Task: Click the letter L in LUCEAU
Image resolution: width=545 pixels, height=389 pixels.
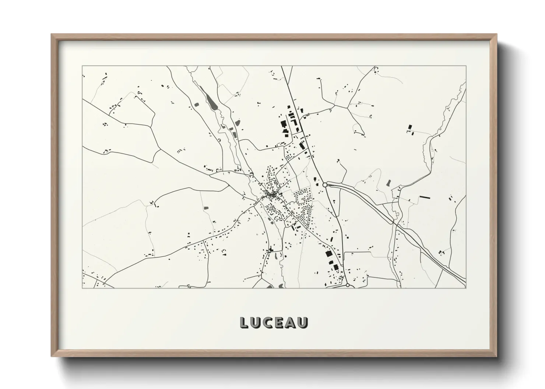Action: click(244, 322)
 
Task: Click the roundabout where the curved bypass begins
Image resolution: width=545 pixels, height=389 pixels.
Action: click(325, 185)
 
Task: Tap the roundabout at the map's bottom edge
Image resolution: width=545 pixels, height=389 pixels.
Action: click(347, 285)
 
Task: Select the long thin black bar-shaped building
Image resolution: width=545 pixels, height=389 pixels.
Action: click(425, 197)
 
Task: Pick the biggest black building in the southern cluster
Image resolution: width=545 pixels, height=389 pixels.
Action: click(327, 254)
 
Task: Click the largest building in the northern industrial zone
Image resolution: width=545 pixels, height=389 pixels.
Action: click(284, 124)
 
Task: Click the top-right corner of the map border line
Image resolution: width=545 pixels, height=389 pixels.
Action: click(466, 66)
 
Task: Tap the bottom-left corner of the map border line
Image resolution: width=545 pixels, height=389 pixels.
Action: click(82, 288)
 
